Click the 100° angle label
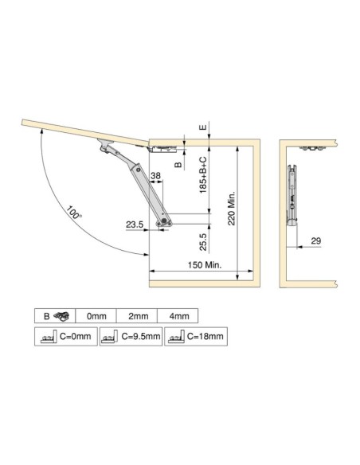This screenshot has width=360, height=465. pos(75,213)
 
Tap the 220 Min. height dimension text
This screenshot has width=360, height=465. pos(231,208)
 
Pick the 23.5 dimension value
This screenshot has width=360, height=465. pos(134,225)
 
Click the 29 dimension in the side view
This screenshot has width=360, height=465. pos(315,240)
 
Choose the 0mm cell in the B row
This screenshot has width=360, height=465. pos(96,316)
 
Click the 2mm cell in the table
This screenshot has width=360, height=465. pos(137,316)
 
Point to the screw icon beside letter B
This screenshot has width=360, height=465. pos(61,316)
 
